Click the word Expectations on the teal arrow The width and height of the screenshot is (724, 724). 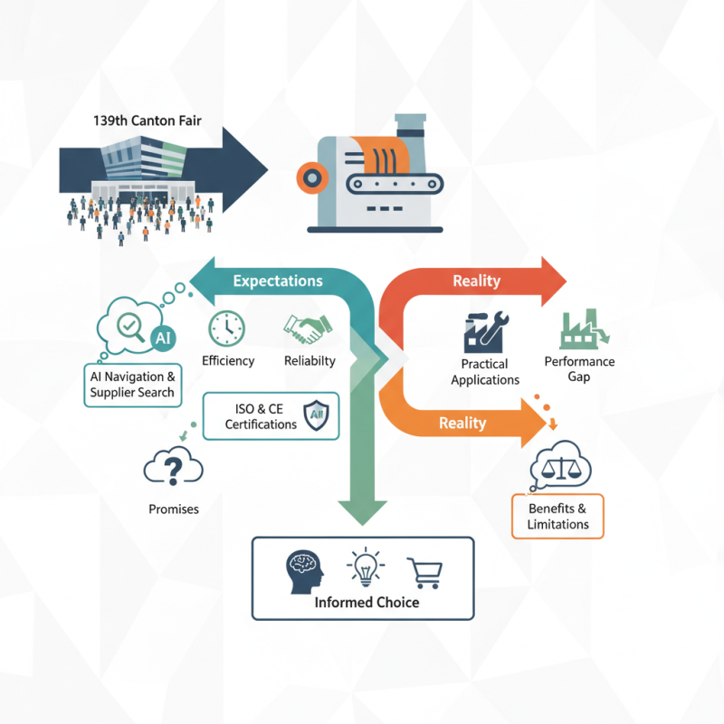[x=278, y=281]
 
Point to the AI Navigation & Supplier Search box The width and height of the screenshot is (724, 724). [x=132, y=384]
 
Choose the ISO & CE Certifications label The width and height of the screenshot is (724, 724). [x=261, y=416]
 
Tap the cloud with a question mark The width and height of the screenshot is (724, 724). [x=173, y=468]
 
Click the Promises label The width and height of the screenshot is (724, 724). [x=174, y=509]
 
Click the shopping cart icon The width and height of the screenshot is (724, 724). [x=424, y=572]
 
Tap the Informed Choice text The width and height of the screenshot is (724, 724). [x=367, y=602]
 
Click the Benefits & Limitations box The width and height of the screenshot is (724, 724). [x=557, y=516]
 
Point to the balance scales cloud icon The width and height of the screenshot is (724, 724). [x=560, y=465]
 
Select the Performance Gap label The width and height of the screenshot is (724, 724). [x=579, y=368]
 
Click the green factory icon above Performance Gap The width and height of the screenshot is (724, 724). [x=582, y=331]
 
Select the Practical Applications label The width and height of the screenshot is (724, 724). [x=485, y=372]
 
